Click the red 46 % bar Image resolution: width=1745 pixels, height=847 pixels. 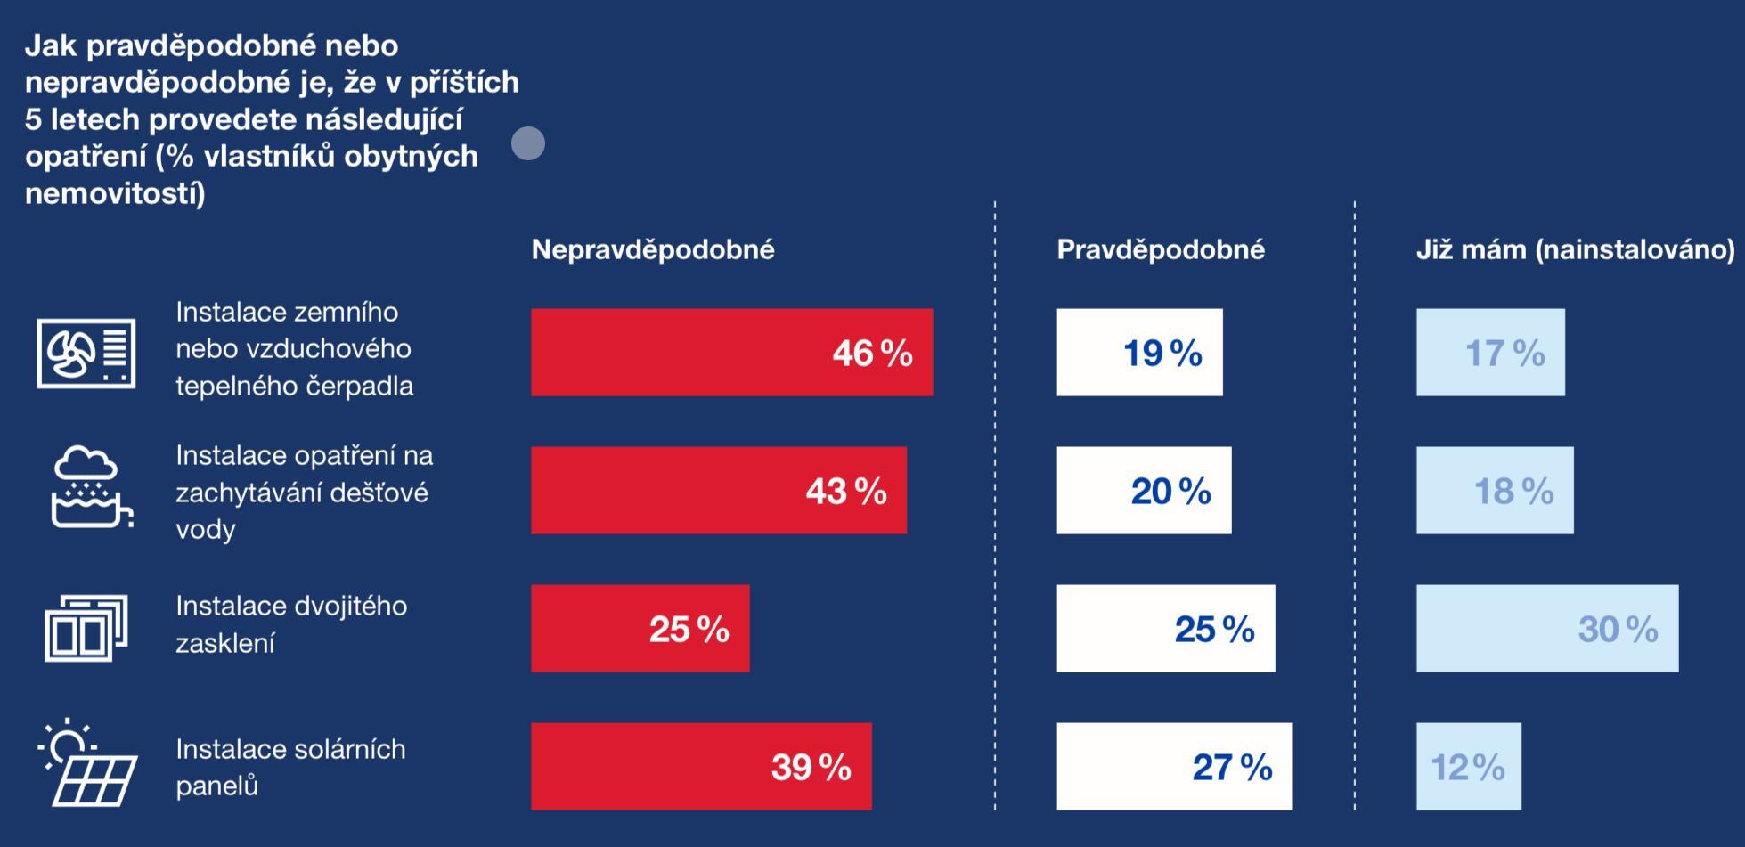coord(731,353)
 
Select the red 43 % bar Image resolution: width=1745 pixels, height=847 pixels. coord(718,491)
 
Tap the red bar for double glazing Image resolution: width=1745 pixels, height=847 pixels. coord(640,629)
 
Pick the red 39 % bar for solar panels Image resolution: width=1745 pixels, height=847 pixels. coord(701,767)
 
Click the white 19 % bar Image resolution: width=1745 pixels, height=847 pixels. coord(1139,353)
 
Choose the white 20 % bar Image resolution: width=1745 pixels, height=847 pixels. coord(1144,491)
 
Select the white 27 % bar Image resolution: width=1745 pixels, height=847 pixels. coord(1174,767)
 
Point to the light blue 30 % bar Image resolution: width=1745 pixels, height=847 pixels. coord(1547,629)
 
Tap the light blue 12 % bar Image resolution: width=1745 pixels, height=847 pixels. coord(1468,767)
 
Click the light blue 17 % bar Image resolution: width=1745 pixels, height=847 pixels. coord(1490,353)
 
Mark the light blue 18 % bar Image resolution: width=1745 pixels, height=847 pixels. coord(1495,491)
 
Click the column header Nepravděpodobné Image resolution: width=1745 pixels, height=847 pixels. coord(653,249)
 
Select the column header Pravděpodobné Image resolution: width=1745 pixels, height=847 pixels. coord(1161,249)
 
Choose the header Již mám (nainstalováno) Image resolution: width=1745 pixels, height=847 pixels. coord(1575,249)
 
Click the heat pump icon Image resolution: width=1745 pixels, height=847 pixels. coord(86,353)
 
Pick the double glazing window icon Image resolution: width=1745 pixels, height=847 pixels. coord(86,629)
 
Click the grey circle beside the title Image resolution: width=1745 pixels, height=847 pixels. coord(528,143)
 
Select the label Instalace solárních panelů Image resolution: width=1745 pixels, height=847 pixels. coord(290,767)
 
